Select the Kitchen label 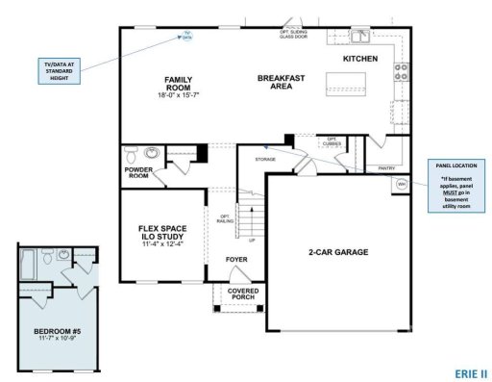[360, 59]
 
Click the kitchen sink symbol [361, 38]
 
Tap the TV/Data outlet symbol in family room [187, 37]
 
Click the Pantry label [386, 168]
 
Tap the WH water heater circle [402, 182]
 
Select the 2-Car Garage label [337, 252]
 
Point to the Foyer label [236, 259]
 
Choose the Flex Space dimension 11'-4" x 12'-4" [161, 244]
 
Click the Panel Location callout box [457, 186]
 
